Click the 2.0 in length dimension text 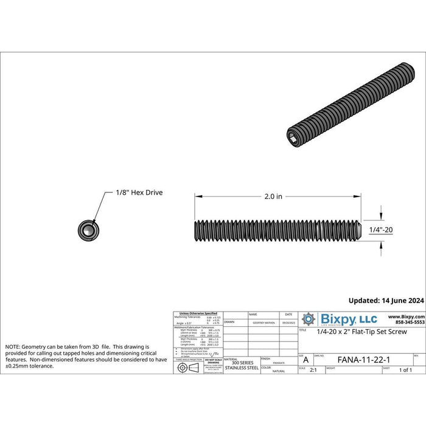274,197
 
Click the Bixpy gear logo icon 310,319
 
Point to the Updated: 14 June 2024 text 385,300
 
